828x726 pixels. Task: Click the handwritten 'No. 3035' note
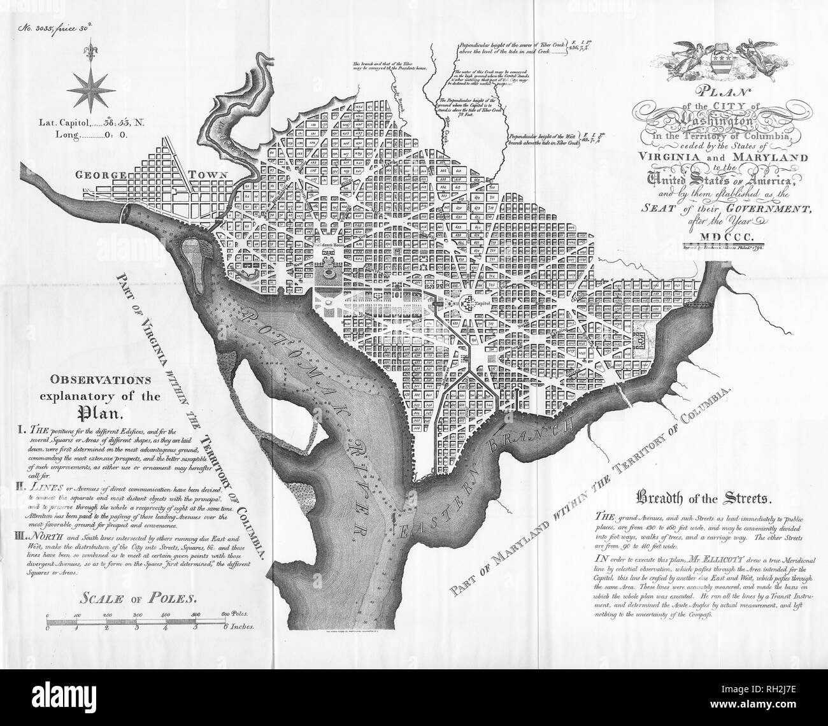38,29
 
